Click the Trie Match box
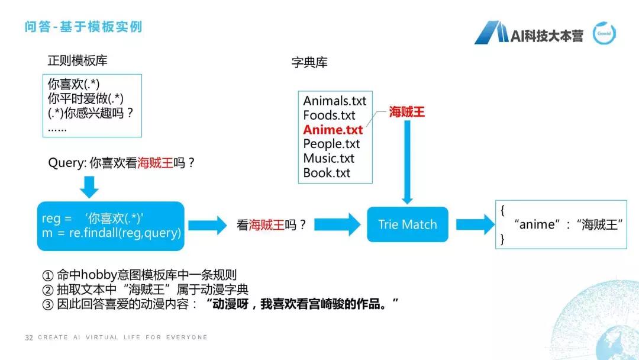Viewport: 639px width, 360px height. (407, 224)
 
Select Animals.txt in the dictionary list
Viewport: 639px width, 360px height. (334, 101)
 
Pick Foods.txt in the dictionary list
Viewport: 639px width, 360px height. (329, 115)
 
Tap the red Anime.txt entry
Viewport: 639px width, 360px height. (333, 129)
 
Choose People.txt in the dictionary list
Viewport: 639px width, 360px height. (331, 143)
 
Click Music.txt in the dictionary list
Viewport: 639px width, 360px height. (328, 158)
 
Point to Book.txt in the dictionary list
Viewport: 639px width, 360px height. (327, 173)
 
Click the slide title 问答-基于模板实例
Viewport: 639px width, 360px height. (83, 27)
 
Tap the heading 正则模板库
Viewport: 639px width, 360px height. (78, 61)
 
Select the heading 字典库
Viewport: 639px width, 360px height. (309, 63)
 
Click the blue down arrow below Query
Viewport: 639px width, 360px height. (89, 187)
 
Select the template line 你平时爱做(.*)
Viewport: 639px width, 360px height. (86, 99)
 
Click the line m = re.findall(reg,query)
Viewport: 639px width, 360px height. (111, 233)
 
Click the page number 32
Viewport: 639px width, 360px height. (28, 337)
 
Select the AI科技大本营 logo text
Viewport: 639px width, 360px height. (547, 36)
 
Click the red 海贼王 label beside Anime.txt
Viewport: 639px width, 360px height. (406, 112)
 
